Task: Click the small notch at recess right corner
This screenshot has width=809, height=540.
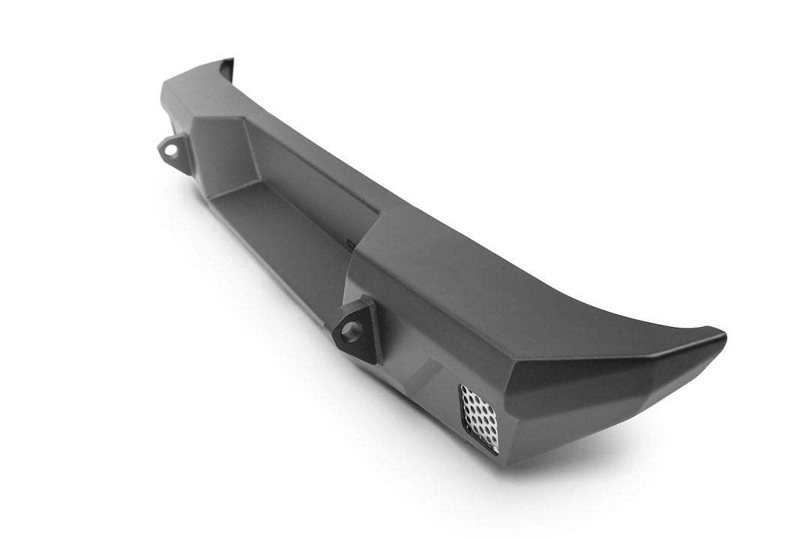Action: coord(348,241)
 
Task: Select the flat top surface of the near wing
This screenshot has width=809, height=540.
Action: coord(525,292)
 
